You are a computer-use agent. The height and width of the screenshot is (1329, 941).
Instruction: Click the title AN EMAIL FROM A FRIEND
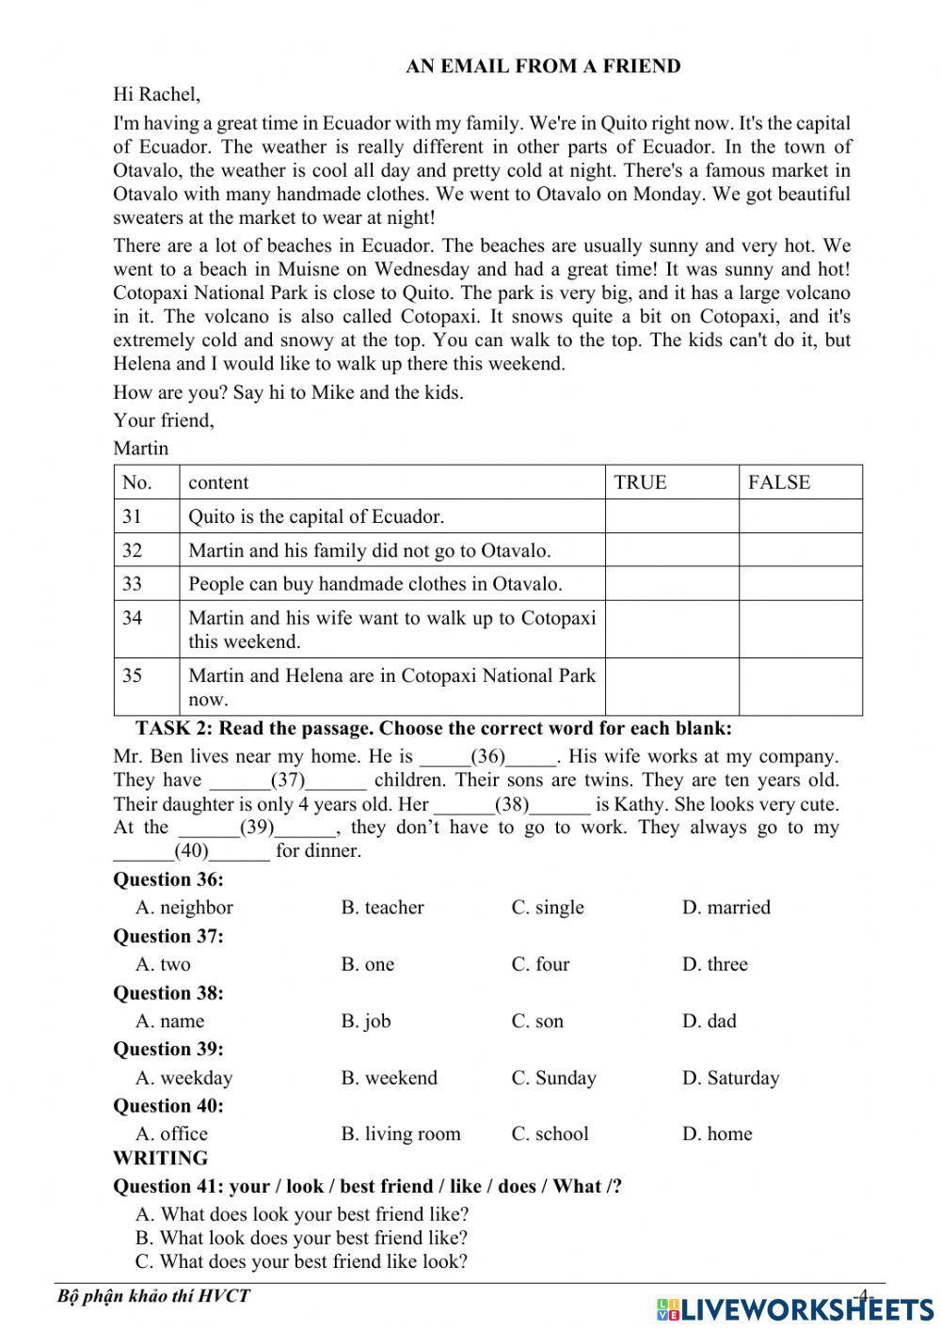[x=543, y=66]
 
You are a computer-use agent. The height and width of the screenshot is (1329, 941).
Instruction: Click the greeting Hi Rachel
[x=156, y=94]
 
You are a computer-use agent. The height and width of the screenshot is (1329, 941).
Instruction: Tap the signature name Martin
[x=140, y=448]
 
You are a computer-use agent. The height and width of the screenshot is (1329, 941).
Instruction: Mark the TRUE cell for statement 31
[x=671, y=516]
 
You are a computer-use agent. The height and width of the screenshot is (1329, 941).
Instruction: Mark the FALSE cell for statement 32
[x=800, y=550]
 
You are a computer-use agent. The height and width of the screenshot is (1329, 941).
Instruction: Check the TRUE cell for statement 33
[x=671, y=584]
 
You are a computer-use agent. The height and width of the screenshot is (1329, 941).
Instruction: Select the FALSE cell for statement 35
[x=800, y=687]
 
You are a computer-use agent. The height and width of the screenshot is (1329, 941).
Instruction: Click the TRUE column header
[x=640, y=483]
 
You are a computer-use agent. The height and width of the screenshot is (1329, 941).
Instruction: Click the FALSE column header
[x=779, y=483]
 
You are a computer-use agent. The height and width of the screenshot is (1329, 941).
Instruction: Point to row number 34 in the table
[x=133, y=618]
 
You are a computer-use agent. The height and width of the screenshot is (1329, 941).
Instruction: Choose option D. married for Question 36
[x=726, y=908]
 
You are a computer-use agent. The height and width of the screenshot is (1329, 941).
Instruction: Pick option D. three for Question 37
[x=714, y=964]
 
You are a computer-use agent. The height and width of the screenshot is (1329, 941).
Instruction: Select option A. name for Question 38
[x=170, y=1020]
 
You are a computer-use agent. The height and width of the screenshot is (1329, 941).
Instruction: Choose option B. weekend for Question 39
[x=389, y=1078]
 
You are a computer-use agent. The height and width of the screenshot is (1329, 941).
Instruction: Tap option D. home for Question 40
[x=717, y=1134]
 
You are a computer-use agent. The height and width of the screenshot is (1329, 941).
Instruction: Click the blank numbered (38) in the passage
[x=512, y=805]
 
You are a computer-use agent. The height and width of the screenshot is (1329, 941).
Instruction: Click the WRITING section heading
[x=160, y=1159]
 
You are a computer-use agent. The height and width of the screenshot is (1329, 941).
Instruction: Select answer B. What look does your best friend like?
[x=301, y=1238]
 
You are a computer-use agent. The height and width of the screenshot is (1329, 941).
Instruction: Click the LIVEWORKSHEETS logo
[x=794, y=1308]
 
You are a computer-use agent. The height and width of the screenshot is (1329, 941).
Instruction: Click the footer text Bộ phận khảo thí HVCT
[x=153, y=1296]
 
